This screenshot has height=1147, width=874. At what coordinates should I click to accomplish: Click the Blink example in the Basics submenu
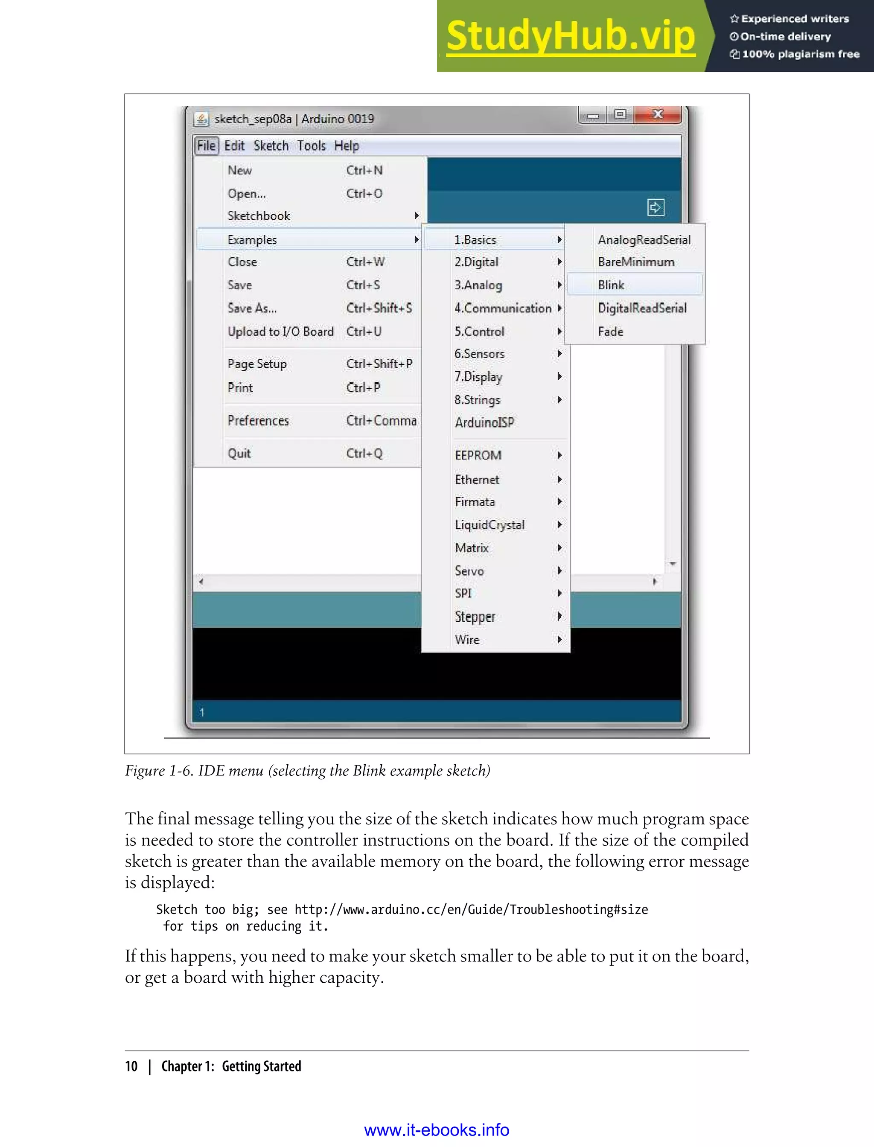point(611,285)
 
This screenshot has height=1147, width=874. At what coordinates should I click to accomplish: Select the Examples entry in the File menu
point(252,240)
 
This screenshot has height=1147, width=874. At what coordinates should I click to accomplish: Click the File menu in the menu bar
point(207,146)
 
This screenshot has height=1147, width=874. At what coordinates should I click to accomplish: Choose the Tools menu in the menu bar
point(311,146)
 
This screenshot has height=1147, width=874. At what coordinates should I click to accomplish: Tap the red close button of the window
point(658,114)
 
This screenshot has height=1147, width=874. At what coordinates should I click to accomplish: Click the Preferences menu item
point(258,421)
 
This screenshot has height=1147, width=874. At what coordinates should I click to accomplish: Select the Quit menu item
point(239,454)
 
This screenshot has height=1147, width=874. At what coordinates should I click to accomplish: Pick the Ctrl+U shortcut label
point(364,332)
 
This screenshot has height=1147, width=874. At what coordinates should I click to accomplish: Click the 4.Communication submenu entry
point(503,309)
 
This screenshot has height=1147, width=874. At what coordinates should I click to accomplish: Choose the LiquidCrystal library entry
point(489,525)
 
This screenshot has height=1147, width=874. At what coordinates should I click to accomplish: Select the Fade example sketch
point(610,332)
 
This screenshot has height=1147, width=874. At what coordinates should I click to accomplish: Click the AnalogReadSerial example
point(644,240)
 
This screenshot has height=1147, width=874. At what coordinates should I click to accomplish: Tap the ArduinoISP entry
point(484,422)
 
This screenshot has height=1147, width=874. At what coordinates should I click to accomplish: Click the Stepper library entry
point(475,617)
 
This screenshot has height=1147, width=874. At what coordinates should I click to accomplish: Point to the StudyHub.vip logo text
point(571,36)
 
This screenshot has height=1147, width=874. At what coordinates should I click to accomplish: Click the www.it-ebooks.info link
point(437,1130)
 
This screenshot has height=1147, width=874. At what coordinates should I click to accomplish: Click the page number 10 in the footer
point(131,1066)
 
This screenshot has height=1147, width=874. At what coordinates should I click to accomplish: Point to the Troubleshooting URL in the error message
point(471,909)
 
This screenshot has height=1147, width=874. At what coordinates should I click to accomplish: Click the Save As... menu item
point(252,309)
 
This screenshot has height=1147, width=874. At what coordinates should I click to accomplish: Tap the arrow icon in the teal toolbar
point(655,207)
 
